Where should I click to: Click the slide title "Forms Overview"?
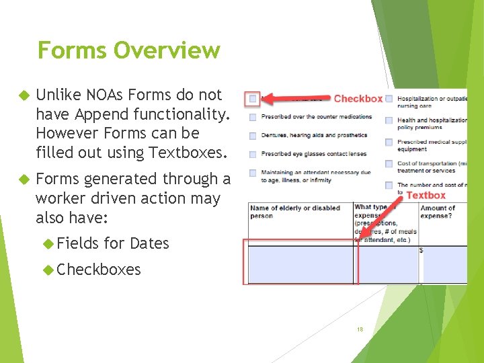click(128, 50)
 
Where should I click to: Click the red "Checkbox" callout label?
click(358, 99)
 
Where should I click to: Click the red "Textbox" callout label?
click(426, 196)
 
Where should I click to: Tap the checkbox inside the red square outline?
click(253, 99)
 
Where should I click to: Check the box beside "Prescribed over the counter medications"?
click(253, 117)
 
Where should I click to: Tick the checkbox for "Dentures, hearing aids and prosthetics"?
click(253, 135)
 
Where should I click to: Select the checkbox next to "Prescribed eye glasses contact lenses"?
click(253, 154)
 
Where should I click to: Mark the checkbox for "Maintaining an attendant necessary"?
click(253, 173)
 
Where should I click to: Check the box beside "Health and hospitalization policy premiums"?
click(389, 120)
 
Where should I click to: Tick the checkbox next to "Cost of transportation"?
click(389, 163)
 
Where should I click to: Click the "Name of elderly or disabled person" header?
click(295, 212)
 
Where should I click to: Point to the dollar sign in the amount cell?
click(421, 251)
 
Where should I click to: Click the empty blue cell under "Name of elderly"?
click(300, 264)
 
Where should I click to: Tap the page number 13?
click(360, 329)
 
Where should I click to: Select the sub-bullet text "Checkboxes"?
click(99, 270)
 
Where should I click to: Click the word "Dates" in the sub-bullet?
click(149, 243)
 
